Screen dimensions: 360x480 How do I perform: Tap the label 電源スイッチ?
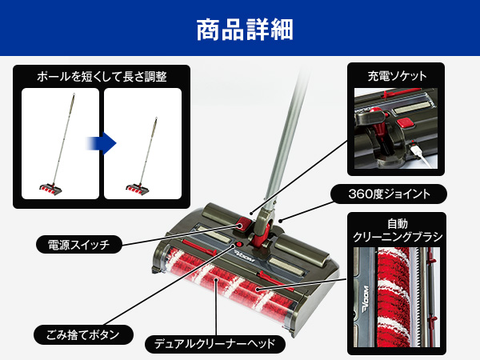point(78,243)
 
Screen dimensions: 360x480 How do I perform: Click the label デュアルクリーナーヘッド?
point(215,345)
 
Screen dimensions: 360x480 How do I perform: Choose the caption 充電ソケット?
point(397,76)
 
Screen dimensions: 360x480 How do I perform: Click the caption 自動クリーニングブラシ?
point(397,230)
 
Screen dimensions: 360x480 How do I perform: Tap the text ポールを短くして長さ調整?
point(101,78)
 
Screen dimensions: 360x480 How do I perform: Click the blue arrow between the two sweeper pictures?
point(103,144)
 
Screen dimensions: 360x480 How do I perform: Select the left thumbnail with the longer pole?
point(60,143)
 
